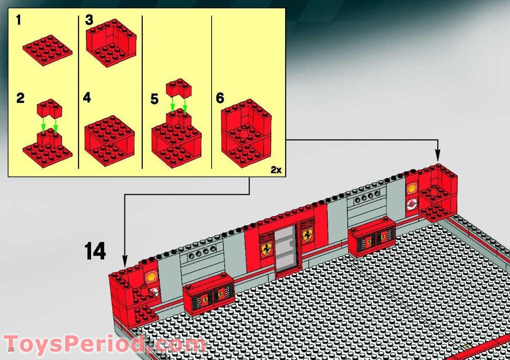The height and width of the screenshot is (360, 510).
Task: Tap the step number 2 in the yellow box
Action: coord(20,98)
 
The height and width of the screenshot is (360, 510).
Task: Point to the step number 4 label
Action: coord(88,98)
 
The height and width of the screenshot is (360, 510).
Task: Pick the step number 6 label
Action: coord(220,98)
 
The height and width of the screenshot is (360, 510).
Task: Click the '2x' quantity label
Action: coord(276,170)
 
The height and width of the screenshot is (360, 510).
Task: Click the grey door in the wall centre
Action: coord(287,251)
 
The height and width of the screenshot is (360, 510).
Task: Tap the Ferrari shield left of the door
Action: coord(266,249)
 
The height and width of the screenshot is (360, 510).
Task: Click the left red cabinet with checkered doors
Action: coord(209,295)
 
